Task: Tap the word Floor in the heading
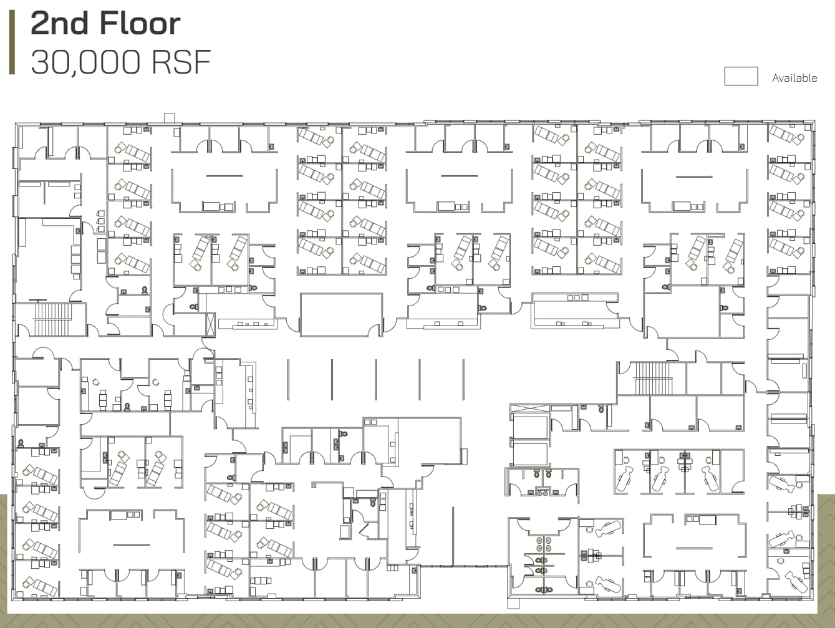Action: (x=139, y=24)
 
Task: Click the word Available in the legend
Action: (x=794, y=78)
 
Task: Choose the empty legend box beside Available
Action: (x=741, y=76)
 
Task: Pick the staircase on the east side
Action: (x=652, y=378)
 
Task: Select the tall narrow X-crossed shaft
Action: (x=210, y=325)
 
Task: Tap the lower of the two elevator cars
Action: (x=529, y=453)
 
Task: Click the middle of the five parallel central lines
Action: (x=375, y=379)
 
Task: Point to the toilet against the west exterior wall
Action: (x=21, y=443)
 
